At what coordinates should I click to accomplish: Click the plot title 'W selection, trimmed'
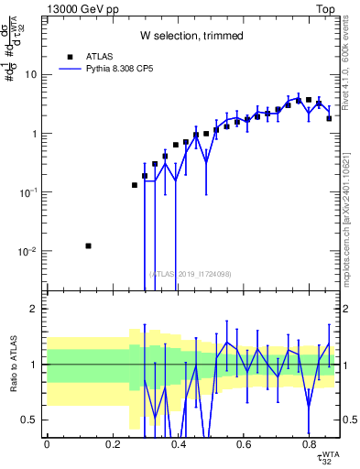click(191, 36)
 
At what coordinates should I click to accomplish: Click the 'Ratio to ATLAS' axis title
click(12, 364)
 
